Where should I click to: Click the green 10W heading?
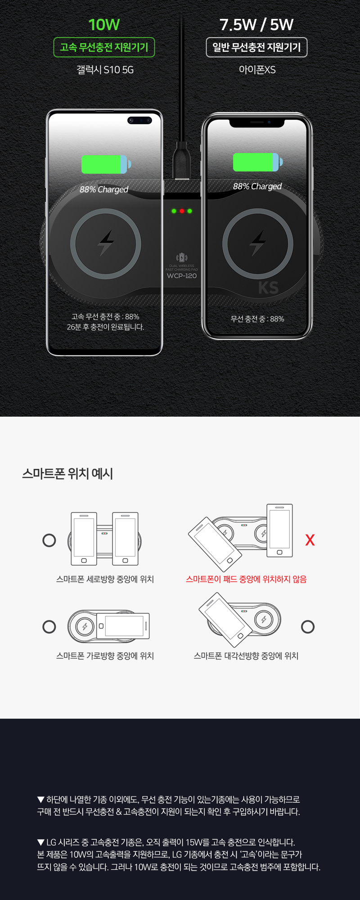click(x=104, y=25)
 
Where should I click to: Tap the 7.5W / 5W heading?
click(x=256, y=25)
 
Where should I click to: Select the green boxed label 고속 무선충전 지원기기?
click(x=104, y=47)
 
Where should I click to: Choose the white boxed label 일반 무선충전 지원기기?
click(x=256, y=47)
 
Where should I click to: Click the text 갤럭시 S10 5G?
click(x=105, y=70)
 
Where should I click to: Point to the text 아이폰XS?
click(x=257, y=70)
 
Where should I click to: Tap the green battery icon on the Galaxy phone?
click(x=106, y=164)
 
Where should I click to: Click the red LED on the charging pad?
click(x=182, y=211)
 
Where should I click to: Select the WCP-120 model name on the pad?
click(x=182, y=276)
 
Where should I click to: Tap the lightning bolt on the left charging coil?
click(x=106, y=243)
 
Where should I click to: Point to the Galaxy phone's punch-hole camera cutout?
click(x=139, y=120)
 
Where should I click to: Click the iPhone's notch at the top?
click(x=257, y=122)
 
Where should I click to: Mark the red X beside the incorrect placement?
click(x=310, y=540)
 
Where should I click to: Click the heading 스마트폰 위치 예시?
click(x=67, y=473)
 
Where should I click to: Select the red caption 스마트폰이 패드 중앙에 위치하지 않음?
click(x=246, y=579)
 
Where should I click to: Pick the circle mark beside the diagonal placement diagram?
click(x=308, y=627)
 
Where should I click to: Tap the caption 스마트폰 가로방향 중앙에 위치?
click(x=105, y=656)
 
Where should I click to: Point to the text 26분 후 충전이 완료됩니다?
click(x=105, y=327)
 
